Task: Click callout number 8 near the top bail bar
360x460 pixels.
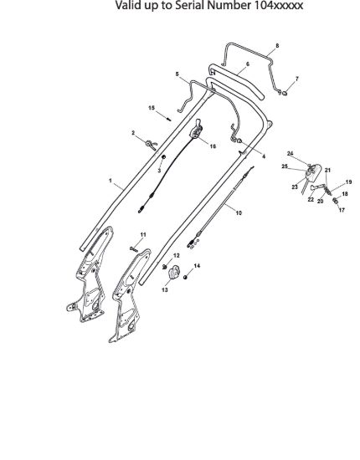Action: pyautogui.click(x=277, y=46)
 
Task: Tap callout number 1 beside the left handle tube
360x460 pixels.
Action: pyautogui.click(x=111, y=181)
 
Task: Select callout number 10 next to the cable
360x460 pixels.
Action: pyautogui.click(x=239, y=212)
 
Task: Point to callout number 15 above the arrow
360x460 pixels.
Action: pyautogui.click(x=152, y=108)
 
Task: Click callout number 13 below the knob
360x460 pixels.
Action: pyautogui.click(x=165, y=290)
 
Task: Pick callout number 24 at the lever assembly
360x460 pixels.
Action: pyautogui.click(x=291, y=153)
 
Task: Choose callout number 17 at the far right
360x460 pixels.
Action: pyautogui.click(x=342, y=210)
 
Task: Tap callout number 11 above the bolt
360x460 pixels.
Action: pyautogui.click(x=143, y=235)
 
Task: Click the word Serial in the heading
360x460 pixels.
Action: pyautogui.click(x=189, y=5)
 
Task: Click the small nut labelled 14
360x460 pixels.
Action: pyautogui.click(x=185, y=277)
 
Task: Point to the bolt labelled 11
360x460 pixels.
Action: pyautogui.click(x=134, y=249)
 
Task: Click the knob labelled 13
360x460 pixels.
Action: pyautogui.click(x=174, y=273)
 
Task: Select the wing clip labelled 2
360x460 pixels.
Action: pyautogui.click(x=152, y=144)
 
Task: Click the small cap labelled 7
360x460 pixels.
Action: pyautogui.click(x=285, y=94)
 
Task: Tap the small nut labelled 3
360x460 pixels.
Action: pyautogui.click(x=164, y=157)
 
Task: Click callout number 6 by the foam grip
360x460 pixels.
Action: pyautogui.click(x=248, y=64)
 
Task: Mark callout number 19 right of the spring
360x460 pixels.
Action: pyautogui.click(x=348, y=182)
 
